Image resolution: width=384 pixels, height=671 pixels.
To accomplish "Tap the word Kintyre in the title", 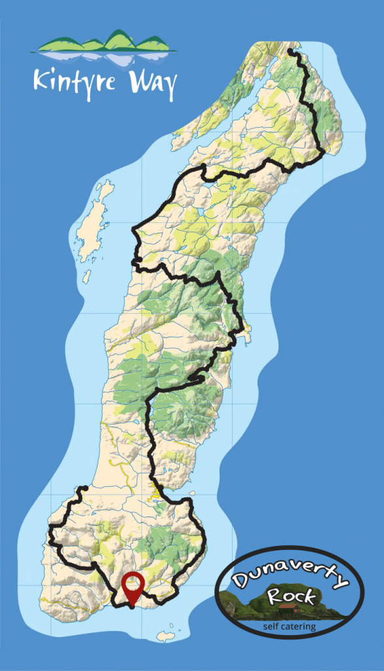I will [x=71, y=83].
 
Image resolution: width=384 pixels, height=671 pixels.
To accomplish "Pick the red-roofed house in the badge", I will [x=289, y=607].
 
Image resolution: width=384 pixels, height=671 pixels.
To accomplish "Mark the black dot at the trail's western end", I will [x=84, y=488].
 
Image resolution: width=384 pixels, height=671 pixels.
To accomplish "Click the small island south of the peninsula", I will [x=166, y=635].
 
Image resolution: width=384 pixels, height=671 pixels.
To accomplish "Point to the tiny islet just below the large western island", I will [x=86, y=277].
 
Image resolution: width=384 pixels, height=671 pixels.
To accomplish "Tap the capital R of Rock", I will [x=276, y=598].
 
